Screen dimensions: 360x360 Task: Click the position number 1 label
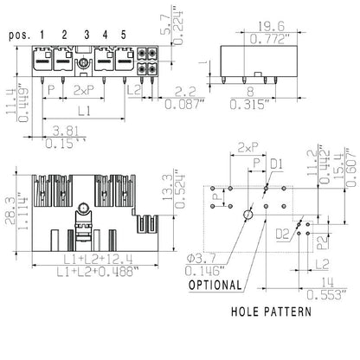coord(42,34)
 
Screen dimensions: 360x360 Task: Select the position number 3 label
coord(86,34)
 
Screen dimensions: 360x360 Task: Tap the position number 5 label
coord(124,34)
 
